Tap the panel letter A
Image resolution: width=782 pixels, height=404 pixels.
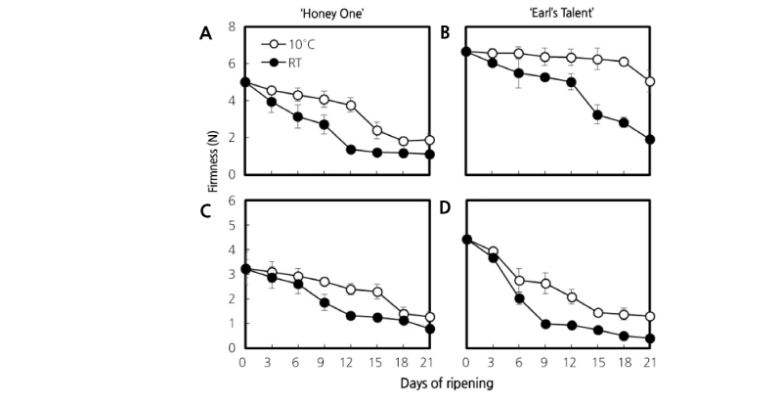click(205, 33)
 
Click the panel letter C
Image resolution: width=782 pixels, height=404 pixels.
click(205, 207)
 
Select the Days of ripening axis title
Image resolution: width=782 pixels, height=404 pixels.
click(444, 384)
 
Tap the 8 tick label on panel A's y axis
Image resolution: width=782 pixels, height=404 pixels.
click(233, 27)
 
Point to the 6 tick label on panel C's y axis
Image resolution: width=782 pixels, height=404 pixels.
click(233, 201)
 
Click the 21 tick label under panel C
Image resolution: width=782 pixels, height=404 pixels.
click(429, 362)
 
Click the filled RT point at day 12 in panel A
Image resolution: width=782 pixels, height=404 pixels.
click(350, 150)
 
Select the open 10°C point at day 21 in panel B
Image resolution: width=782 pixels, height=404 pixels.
click(650, 82)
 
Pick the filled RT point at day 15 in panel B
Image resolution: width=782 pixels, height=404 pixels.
click(596, 115)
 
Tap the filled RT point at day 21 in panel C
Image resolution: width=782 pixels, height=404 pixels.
click(430, 329)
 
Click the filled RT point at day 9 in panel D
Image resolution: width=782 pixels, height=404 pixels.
click(547, 324)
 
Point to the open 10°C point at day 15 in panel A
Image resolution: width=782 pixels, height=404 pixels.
click(376, 130)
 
